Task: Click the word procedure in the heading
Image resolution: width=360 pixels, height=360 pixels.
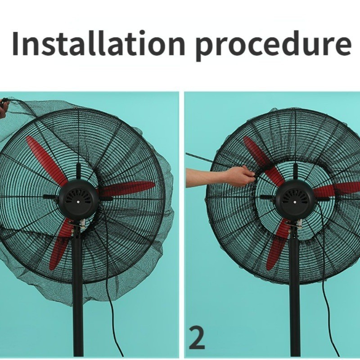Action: (x=273, y=46)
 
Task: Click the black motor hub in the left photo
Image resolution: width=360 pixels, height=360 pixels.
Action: (x=78, y=200)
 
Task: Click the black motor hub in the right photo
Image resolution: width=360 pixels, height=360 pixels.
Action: (x=295, y=200)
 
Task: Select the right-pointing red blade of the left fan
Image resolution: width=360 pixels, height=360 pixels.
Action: (x=127, y=188)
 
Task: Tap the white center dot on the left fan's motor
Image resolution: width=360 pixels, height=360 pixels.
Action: (x=79, y=202)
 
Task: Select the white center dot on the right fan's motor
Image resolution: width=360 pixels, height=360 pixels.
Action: (x=295, y=202)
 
